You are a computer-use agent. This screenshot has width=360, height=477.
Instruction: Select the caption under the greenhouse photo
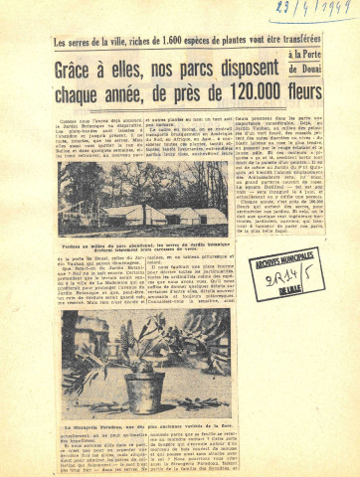tap(150, 243)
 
